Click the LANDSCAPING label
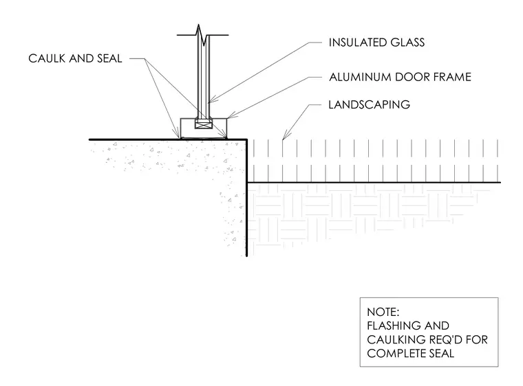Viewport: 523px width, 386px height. click(370, 104)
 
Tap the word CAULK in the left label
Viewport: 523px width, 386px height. click(46, 58)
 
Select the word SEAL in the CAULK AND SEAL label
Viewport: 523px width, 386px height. click(109, 58)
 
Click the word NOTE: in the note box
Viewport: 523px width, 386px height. click(383, 312)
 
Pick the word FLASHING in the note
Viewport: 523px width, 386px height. click(389, 326)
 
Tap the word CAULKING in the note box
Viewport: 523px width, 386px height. click(392, 339)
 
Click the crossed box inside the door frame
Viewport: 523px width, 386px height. click(204, 125)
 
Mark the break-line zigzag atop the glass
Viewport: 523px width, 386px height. click(203, 35)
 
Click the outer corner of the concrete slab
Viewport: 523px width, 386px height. click(246, 139)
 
